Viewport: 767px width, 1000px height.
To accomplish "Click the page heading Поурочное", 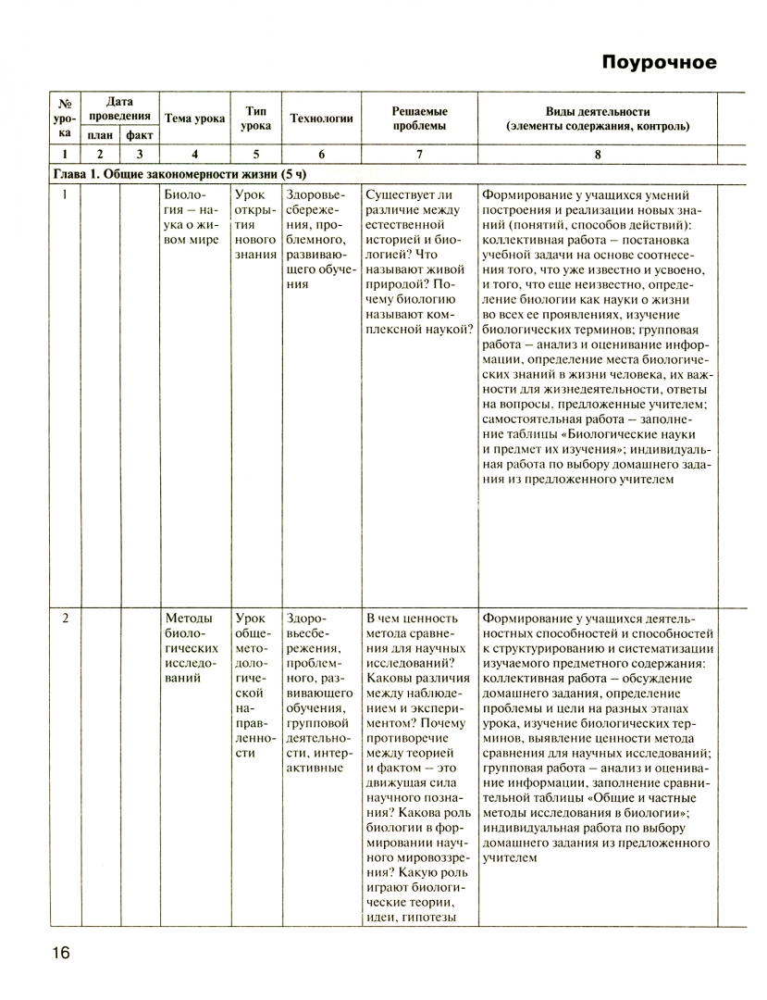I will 659,63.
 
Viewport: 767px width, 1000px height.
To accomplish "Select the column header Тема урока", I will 194,119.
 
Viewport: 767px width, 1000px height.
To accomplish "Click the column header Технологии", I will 321,119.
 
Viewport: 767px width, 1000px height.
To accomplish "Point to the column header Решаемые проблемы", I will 418,118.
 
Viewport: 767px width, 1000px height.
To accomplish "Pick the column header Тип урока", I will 255,118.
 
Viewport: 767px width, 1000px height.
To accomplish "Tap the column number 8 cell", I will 597,155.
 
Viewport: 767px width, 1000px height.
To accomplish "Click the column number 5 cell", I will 255,155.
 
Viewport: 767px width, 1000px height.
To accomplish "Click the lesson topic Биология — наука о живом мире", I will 193,218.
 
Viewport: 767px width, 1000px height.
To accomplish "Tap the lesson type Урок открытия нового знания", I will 255,225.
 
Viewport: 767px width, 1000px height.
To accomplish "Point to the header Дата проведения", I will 119,109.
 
